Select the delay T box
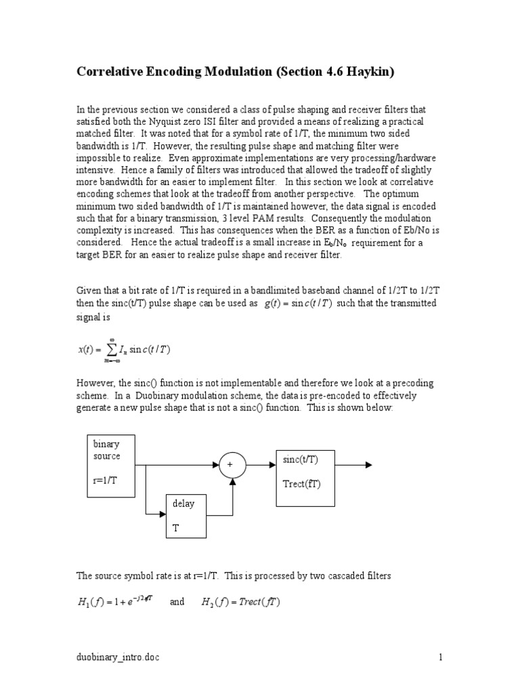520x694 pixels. click(x=186, y=516)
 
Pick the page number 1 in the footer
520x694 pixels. click(x=440, y=657)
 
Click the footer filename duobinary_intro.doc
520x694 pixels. click(x=118, y=657)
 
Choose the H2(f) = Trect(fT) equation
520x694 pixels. click(x=242, y=602)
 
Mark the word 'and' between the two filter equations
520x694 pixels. click(x=177, y=601)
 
